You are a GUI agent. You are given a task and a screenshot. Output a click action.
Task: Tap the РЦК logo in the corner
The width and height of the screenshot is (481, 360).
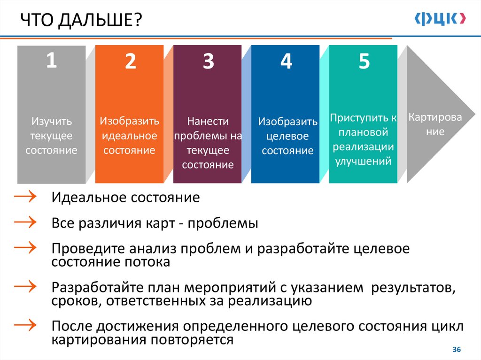pos(440,18)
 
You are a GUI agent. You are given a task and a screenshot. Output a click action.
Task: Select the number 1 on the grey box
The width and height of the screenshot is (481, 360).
pos(51,61)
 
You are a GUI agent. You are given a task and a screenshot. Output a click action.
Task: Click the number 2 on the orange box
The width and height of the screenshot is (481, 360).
pos(130,61)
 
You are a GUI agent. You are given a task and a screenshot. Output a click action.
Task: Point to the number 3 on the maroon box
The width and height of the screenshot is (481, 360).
pos(208,62)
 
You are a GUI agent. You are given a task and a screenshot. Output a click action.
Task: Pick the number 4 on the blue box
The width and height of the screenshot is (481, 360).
pos(286,61)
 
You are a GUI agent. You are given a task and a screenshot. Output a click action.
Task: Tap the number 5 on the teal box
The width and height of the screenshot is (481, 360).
pos(364,61)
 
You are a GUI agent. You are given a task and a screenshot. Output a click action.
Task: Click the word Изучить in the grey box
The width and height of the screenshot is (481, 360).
pos(52,122)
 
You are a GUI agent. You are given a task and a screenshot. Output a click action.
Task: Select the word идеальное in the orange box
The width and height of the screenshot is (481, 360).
pos(129,136)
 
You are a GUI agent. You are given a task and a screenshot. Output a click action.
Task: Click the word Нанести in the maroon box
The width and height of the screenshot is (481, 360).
pos(208,121)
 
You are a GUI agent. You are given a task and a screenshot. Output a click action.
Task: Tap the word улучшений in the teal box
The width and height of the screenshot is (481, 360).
pos(363,161)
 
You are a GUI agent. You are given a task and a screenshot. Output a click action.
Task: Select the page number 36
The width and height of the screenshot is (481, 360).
pos(456,350)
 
